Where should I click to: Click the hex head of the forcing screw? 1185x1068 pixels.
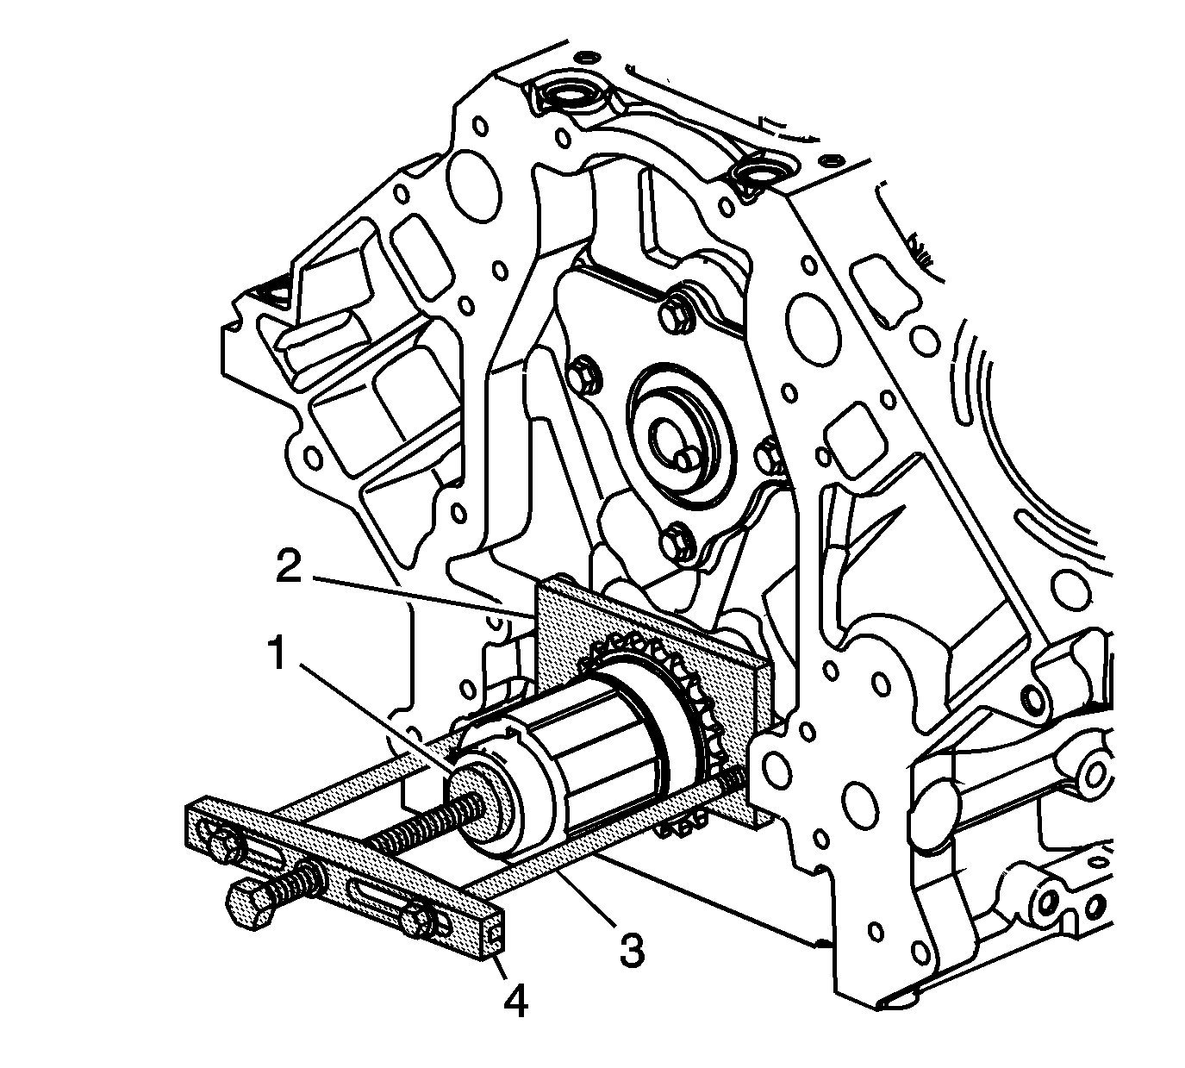(249, 906)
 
